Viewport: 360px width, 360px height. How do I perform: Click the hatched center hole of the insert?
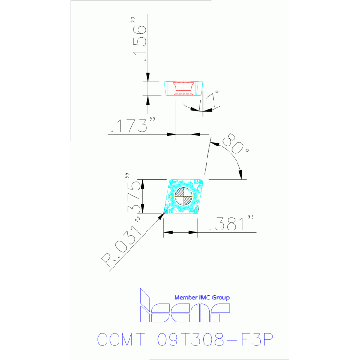coord(183,196)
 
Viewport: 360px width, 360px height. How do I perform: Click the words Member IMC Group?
coord(202,298)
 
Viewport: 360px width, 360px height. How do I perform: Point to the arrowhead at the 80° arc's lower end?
coord(242,175)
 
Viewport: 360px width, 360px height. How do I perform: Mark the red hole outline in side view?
coord(183,88)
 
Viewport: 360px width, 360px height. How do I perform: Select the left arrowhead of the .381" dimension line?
coord(167,232)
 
